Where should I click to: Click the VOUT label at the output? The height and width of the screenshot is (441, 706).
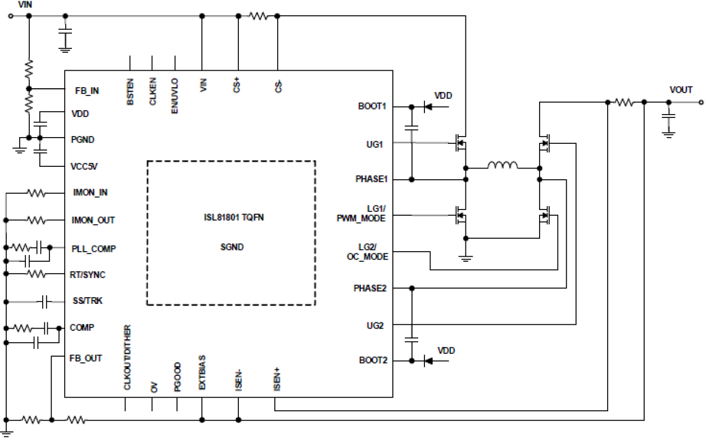point(681,90)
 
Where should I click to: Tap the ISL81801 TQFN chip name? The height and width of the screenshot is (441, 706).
point(233,217)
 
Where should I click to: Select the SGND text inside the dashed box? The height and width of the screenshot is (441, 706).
point(232,247)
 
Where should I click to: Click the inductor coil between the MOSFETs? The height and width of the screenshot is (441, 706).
point(503,166)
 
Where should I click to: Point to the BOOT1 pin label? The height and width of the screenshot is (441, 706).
point(372,106)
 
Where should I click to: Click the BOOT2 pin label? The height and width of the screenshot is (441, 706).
point(373,361)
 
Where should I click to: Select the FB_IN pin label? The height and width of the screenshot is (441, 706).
point(87,90)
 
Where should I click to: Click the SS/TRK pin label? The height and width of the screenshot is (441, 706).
point(87,302)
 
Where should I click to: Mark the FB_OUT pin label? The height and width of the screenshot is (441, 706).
point(85,358)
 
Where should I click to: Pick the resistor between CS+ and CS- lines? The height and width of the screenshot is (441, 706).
point(260,16)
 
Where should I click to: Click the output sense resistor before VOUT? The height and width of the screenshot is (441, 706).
point(625,102)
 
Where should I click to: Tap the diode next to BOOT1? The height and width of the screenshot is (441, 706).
point(428,106)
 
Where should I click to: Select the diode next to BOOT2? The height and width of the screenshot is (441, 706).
point(428,361)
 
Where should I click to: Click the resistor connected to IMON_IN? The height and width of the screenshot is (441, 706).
point(37,193)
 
